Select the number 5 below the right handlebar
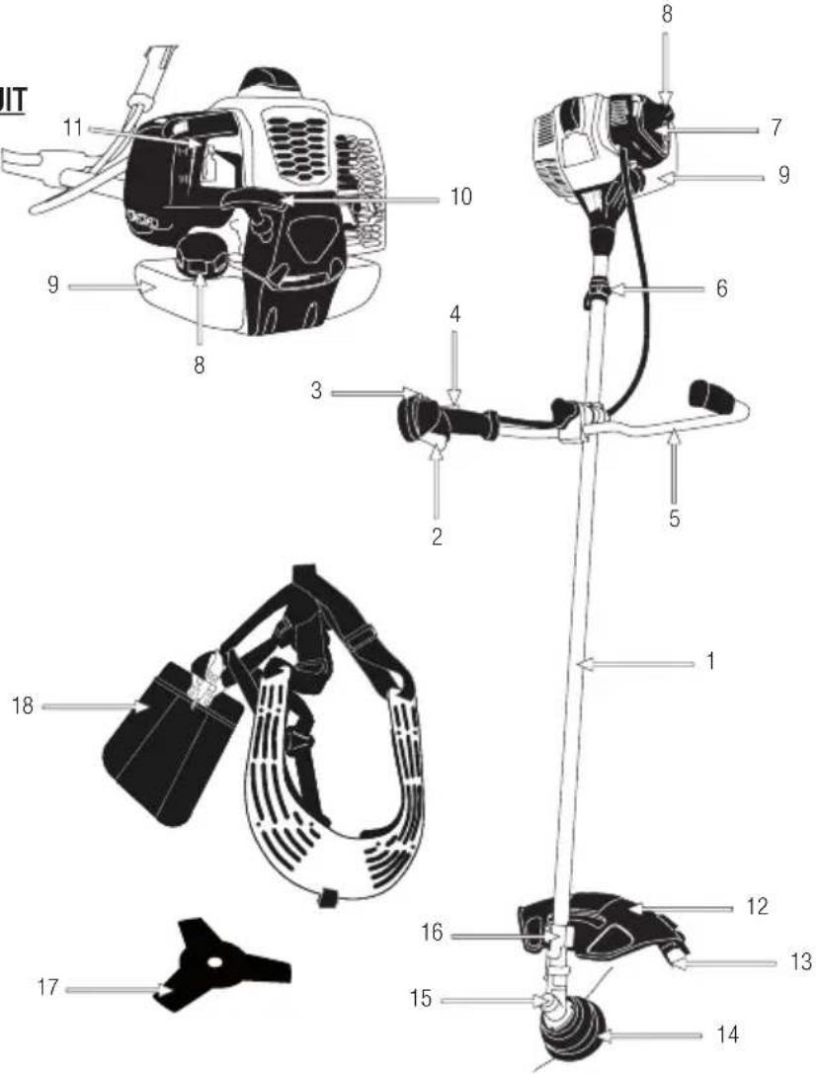point(674,518)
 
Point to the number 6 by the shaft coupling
point(721,289)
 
